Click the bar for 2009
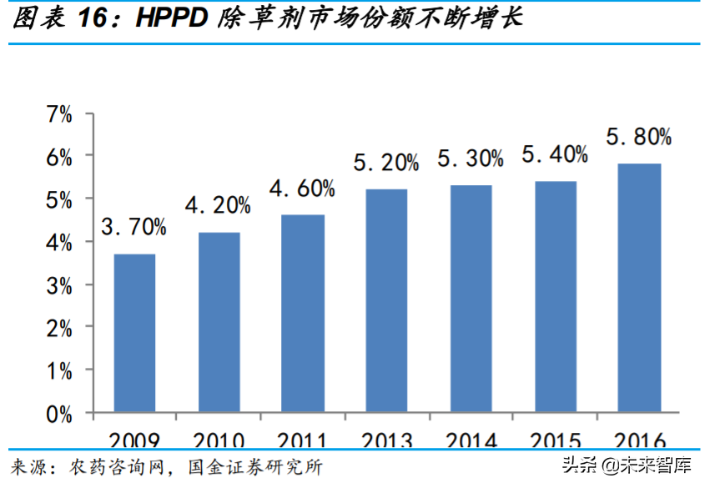(x=134, y=333)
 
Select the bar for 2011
(x=303, y=314)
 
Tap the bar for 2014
(x=471, y=299)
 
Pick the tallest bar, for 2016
(x=640, y=288)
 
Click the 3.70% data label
(x=134, y=227)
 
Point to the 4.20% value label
(x=219, y=205)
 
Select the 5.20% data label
(x=386, y=163)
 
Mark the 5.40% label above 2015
(x=555, y=154)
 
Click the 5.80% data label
(x=639, y=136)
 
